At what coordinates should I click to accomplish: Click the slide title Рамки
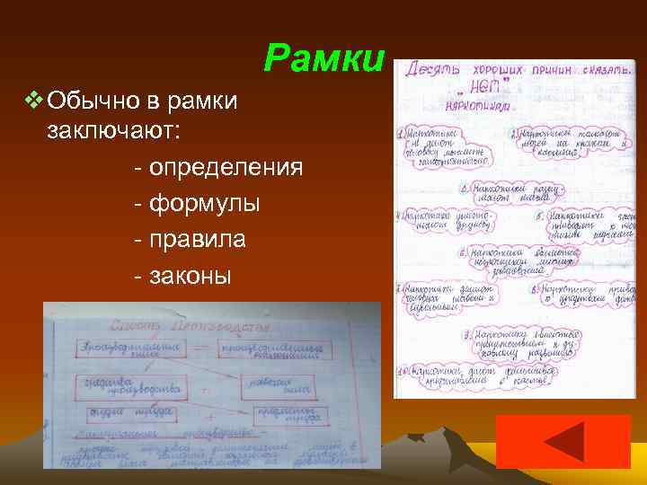pos(324,58)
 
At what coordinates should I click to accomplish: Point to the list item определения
pos(225,168)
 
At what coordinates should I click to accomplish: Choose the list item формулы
pos(203,204)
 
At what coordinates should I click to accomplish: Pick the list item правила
pos(196,241)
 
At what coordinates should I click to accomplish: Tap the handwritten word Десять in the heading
pos(433,68)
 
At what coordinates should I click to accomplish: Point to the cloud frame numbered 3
pos(514,192)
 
